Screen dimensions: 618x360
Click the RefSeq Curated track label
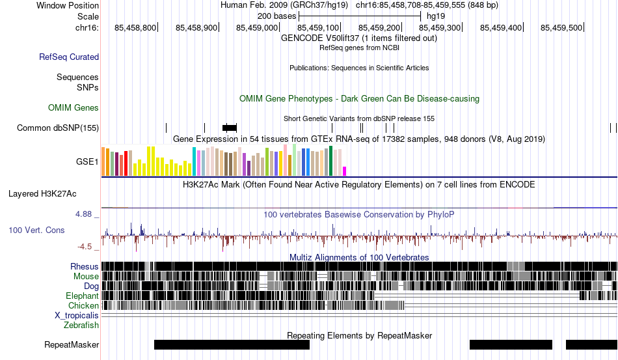(x=69, y=57)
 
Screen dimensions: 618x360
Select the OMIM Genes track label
(x=74, y=107)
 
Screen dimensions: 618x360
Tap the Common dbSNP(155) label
(x=58, y=128)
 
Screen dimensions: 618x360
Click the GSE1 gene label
(x=87, y=161)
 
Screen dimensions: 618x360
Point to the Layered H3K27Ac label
(x=42, y=193)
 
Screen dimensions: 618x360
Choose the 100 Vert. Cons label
(x=36, y=230)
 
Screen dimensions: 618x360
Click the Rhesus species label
(x=85, y=266)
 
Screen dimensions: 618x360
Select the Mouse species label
(x=86, y=277)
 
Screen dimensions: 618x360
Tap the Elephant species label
(x=82, y=296)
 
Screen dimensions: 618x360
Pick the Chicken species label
(x=83, y=305)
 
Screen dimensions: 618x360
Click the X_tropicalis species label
(x=77, y=316)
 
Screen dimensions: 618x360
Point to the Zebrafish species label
(x=81, y=325)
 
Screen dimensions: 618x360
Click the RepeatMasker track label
(x=72, y=344)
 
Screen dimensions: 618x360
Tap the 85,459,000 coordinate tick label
(x=257, y=27)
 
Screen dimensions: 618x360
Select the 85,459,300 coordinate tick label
(x=440, y=27)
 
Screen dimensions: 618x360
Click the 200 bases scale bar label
(x=276, y=16)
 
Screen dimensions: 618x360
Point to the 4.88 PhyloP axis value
(x=83, y=214)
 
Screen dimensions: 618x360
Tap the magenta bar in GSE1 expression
(x=345, y=171)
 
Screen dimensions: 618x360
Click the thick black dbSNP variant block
(x=230, y=128)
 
